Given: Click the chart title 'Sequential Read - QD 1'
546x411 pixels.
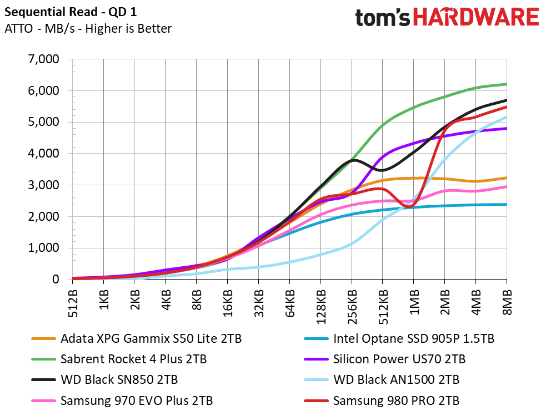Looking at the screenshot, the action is [x=71, y=12].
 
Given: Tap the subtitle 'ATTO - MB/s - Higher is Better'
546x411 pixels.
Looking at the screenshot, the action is [x=88, y=28].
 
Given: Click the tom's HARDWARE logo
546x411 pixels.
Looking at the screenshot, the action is [x=447, y=17].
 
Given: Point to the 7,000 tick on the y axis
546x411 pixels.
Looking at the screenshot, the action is [x=43, y=59].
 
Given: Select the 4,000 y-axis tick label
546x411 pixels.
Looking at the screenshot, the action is [x=43, y=153].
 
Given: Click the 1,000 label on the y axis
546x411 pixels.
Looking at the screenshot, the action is [x=43, y=248].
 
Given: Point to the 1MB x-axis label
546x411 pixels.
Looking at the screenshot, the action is [x=414, y=301].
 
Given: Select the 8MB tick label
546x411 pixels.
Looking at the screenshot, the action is [x=507, y=301].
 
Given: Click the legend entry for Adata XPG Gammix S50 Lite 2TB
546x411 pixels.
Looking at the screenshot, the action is [x=137, y=338].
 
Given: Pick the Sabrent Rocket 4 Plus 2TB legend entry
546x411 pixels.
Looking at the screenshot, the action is [x=119, y=359].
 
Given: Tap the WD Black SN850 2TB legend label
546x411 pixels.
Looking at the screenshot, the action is [x=104, y=379].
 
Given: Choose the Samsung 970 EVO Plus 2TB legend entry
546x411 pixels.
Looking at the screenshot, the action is [x=122, y=400].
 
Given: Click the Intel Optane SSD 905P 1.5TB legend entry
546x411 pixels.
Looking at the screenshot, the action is [x=399, y=338].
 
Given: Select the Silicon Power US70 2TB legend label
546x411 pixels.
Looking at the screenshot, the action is [x=385, y=359].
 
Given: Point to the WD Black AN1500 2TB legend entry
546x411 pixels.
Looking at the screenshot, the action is [x=382, y=379].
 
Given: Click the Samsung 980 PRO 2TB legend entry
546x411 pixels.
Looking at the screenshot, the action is [x=382, y=400].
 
